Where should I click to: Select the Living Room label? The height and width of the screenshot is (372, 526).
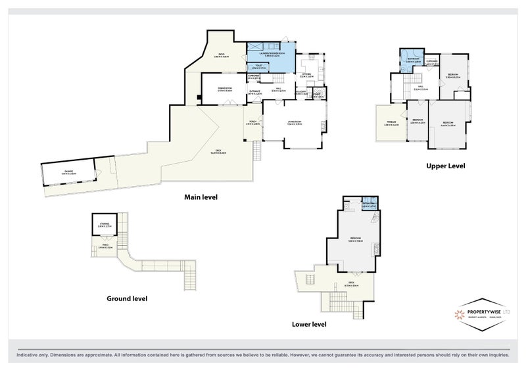(x=294, y=124)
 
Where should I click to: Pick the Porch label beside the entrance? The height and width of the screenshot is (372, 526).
(x=253, y=123)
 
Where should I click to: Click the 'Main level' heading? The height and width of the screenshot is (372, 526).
(x=201, y=197)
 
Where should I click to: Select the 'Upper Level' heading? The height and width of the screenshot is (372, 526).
(x=445, y=166)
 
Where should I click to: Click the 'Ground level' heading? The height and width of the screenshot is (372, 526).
(x=127, y=298)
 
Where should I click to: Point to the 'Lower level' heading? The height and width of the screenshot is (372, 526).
(x=309, y=323)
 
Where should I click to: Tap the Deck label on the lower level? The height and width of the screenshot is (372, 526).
(x=352, y=285)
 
